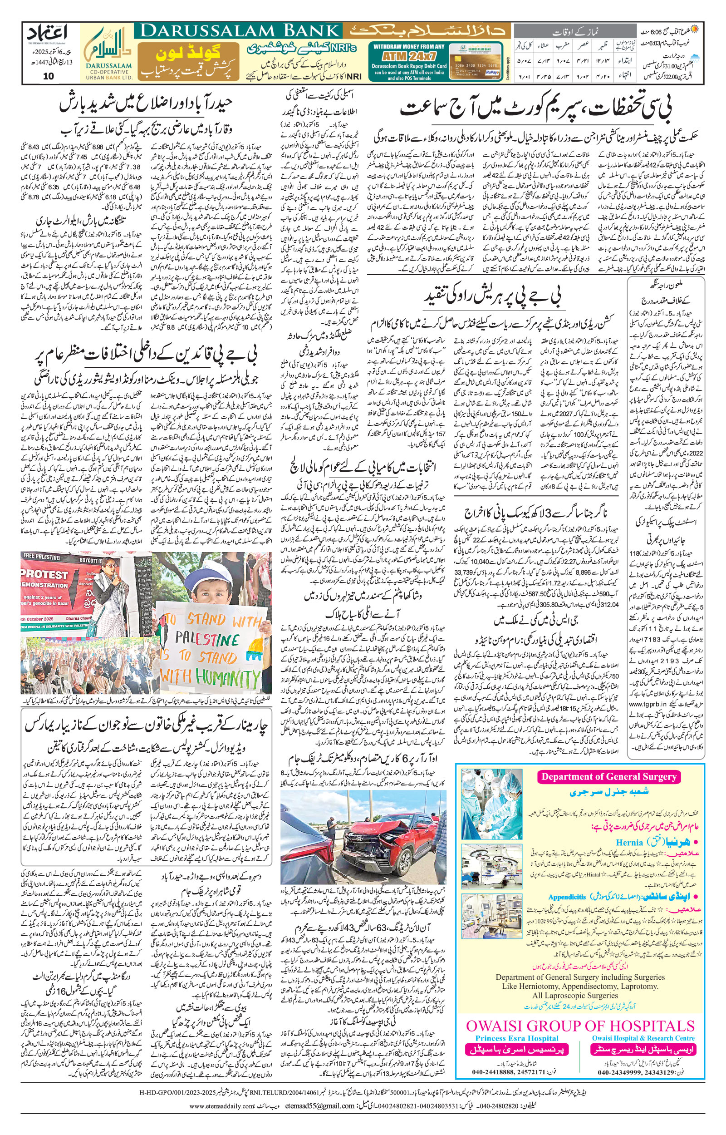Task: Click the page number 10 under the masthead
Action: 48,76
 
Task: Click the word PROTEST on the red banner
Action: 45,574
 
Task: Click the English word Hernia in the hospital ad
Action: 629,842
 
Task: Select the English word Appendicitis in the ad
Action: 567,896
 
